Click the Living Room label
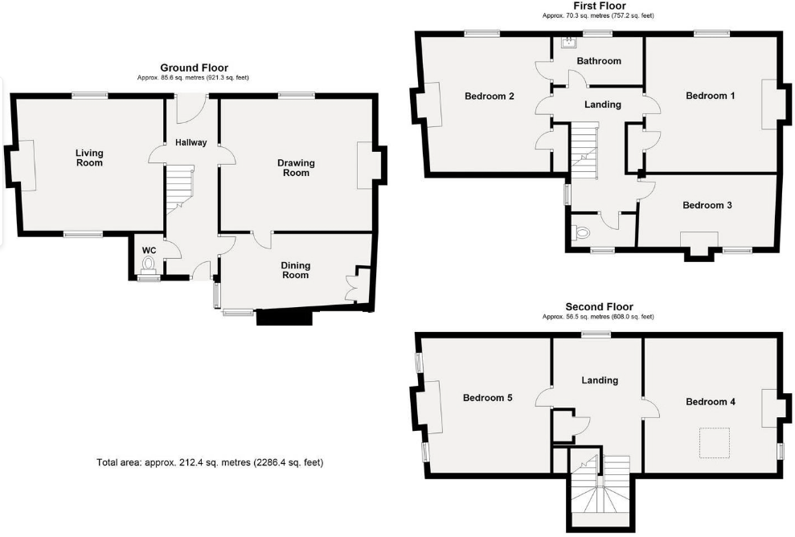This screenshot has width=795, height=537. point(89,158)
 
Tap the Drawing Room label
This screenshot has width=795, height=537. point(296,167)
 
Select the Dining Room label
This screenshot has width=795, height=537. point(295,270)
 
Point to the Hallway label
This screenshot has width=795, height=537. point(191,142)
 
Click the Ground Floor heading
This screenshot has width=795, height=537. point(194,68)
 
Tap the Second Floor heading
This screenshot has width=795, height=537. point(599,306)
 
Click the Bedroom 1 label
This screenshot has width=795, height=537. point(710,96)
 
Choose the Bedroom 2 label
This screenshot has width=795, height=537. point(490,96)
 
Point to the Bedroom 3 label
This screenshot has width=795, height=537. point(707,205)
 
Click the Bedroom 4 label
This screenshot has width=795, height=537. point(710,402)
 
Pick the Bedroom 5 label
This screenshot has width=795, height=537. point(488,398)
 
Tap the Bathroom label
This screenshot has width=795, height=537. point(599,61)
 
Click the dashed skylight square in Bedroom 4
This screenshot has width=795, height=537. point(711,442)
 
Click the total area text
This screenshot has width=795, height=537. point(210,462)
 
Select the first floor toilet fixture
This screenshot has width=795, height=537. point(580,234)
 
